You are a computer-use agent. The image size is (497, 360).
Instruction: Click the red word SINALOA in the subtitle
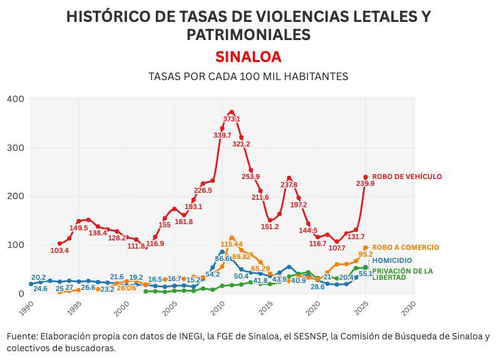pos(248,56)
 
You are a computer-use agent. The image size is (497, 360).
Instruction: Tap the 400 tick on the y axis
pos(15,99)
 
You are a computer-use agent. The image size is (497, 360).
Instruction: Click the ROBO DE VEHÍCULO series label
pos(407,177)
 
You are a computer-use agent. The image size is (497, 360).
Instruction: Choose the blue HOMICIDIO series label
pos(392,260)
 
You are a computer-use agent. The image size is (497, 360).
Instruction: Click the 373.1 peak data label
pos(232,119)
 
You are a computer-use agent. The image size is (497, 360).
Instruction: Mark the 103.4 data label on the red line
pos(59,250)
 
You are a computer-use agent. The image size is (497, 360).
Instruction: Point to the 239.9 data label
pos(365,183)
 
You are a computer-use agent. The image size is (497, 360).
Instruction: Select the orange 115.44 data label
pos(232,244)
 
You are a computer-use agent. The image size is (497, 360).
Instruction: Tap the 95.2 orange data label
pos(366,254)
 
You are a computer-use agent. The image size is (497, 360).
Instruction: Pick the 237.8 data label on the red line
pos(289,185)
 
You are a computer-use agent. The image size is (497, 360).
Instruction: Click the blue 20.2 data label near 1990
pos(39,277)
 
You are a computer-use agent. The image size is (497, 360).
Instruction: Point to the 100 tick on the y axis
pos(15,245)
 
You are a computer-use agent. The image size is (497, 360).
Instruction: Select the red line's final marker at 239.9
pos(366,177)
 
